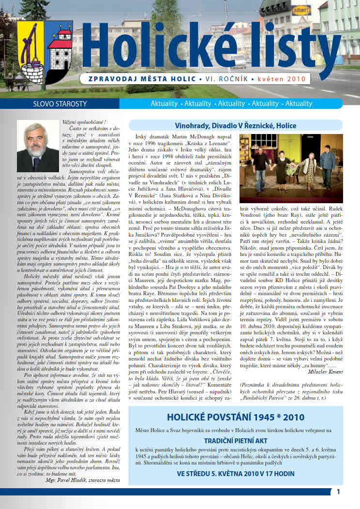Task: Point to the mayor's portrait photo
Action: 38,146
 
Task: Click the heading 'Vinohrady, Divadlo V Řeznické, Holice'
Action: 236,126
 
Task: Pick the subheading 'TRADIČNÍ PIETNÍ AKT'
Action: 236,441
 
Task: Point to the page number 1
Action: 338,492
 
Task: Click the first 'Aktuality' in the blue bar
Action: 164,104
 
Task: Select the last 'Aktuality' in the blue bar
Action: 299,104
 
